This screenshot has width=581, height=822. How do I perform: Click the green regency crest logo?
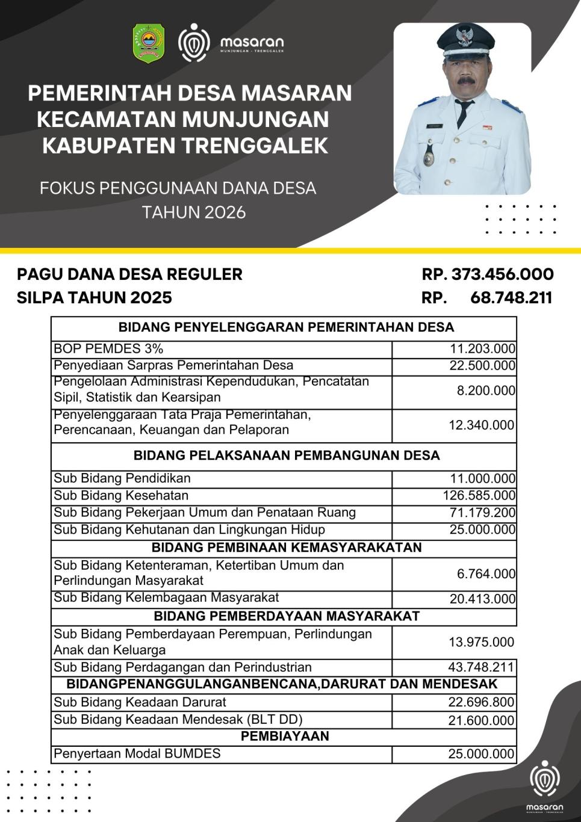pyautogui.click(x=149, y=43)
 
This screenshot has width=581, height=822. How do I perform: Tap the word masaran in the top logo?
pyautogui.click(x=251, y=42)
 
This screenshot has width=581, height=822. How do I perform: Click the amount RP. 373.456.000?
pyautogui.click(x=488, y=274)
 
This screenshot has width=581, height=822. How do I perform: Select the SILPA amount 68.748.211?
pyautogui.click(x=511, y=298)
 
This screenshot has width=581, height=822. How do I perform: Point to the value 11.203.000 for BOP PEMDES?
pyautogui.click(x=482, y=349)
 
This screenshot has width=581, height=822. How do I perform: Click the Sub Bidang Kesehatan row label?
pyautogui.click(x=121, y=496)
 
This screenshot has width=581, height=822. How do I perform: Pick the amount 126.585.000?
pyautogui.click(x=479, y=496)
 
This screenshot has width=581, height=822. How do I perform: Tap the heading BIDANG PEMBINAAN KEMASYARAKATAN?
pyautogui.click(x=287, y=548)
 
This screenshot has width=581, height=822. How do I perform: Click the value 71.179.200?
pyautogui.click(x=482, y=513)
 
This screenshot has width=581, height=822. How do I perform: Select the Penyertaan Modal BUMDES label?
pyautogui.click(x=137, y=754)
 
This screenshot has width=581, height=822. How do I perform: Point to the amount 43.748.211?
pyautogui.click(x=481, y=667)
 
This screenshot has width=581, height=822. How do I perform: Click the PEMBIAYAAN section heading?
pyautogui.click(x=285, y=737)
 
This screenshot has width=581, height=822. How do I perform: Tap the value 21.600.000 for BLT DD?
pyautogui.click(x=481, y=720)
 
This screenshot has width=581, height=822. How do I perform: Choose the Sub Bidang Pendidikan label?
pyautogui.click(x=122, y=478)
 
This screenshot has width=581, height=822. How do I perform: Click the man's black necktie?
pyautogui.click(x=462, y=113)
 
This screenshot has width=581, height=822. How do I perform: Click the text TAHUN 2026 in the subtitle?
pyautogui.click(x=194, y=212)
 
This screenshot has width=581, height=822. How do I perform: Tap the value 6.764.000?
pyautogui.click(x=486, y=574)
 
